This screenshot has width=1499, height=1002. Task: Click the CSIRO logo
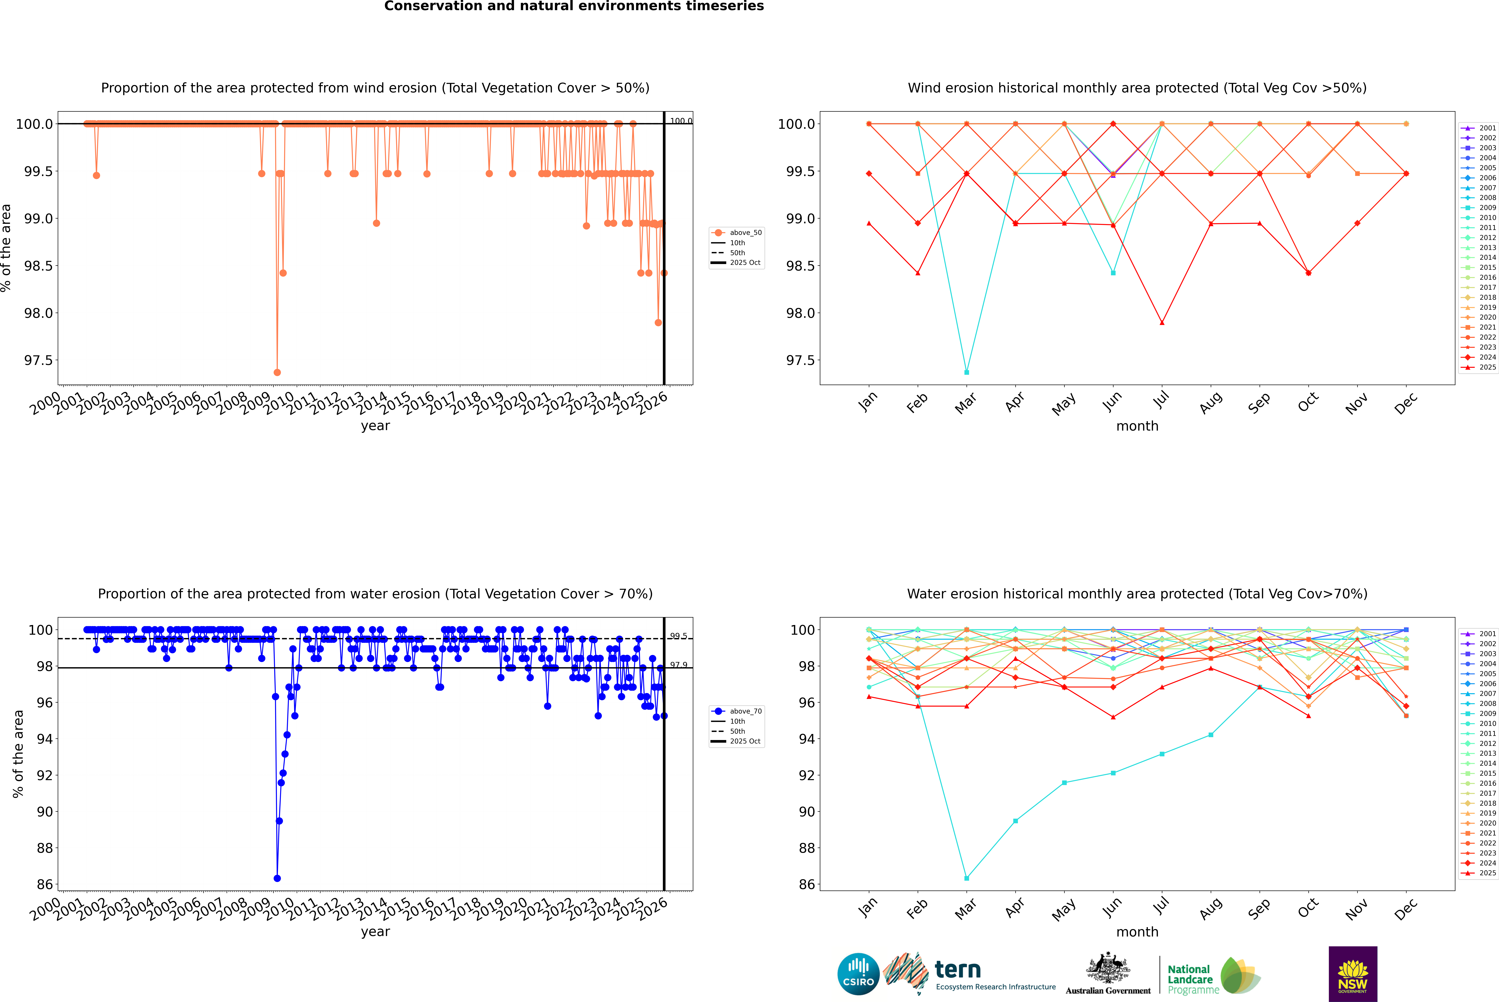(858, 974)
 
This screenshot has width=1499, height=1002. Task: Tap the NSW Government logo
(1353, 974)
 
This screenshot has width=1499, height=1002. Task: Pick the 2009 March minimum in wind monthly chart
(966, 372)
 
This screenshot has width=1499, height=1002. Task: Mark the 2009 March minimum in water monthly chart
(966, 878)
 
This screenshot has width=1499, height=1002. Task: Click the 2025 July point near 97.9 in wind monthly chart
(1162, 323)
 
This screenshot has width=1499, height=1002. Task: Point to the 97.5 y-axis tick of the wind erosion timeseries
(38, 360)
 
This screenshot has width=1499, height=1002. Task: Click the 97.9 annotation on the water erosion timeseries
(679, 665)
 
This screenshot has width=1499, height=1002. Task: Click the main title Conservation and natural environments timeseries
(574, 6)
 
